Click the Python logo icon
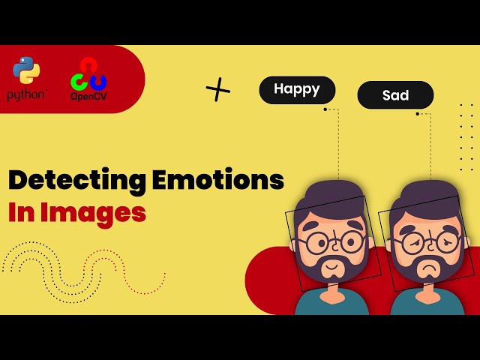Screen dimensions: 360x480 [x=27, y=70]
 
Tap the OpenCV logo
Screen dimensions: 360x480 [x=88, y=74]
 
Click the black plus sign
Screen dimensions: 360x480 [x=218, y=90]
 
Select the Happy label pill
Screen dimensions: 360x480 [x=297, y=90]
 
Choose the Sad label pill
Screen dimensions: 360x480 [x=395, y=95]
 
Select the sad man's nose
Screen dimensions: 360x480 [x=427, y=252]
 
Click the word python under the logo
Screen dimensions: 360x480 [x=27, y=95]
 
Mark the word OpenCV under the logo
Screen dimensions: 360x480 [x=88, y=97]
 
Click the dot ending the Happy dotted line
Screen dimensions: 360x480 [x=325, y=109]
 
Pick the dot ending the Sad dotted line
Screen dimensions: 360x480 [x=418, y=114]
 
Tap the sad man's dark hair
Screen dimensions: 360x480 [x=424, y=199]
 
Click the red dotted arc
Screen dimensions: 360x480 [x=124, y=274]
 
